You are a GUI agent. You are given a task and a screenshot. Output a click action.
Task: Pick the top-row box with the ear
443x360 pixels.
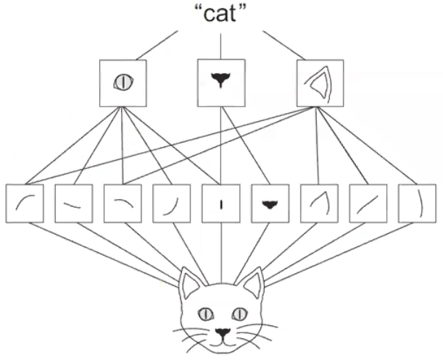(317, 81)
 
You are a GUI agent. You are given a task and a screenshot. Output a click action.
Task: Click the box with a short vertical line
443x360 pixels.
(220, 204)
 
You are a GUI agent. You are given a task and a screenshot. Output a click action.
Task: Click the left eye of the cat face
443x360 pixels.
(206, 313)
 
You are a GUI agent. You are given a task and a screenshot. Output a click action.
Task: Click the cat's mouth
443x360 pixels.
(222, 339)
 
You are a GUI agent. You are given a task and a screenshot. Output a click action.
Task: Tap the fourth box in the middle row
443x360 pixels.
(171, 204)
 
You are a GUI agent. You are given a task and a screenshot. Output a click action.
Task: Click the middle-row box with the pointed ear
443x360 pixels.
(318, 204)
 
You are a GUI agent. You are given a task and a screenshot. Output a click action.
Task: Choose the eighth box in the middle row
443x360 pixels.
(367, 204)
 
